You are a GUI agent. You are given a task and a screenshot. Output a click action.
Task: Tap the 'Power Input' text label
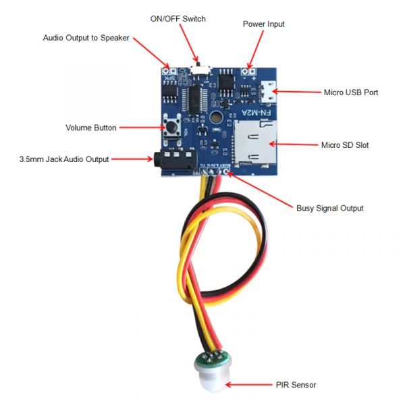[x=263, y=24]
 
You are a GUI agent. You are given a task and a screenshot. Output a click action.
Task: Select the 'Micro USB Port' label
[x=352, y=92]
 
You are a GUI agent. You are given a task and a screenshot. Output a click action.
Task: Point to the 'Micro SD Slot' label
[x=345, y=144]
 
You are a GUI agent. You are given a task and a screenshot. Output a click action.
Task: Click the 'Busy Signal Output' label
[x=330, y=208]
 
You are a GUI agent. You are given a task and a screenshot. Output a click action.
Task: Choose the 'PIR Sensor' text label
[x=295, y=385]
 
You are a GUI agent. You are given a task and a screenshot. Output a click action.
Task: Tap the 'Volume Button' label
[x=91, y=128]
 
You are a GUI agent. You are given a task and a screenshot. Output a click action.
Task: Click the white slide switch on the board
[x=200, y=69]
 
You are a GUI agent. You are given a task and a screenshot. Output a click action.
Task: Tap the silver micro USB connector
[x=271, y=92]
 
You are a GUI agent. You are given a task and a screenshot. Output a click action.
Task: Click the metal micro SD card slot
[x=255, y=142]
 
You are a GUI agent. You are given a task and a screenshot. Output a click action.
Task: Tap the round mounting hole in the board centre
[x=216, y=118]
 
